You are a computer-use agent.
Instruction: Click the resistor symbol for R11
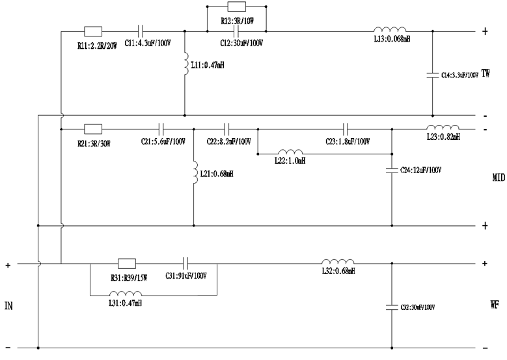click(x=92, y=31)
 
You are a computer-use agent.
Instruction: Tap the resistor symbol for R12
click(x=236, y=7)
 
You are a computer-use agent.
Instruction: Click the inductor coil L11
click(x=185, y=64)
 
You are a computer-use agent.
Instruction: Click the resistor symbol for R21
click(x=92, y=128)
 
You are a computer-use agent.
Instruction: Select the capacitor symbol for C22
click(x=227, y=128)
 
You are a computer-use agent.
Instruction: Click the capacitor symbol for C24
click(x=392, y=170)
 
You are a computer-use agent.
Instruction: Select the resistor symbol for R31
click(x=126, y=264)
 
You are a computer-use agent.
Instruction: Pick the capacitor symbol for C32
click(x=392, y=305)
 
